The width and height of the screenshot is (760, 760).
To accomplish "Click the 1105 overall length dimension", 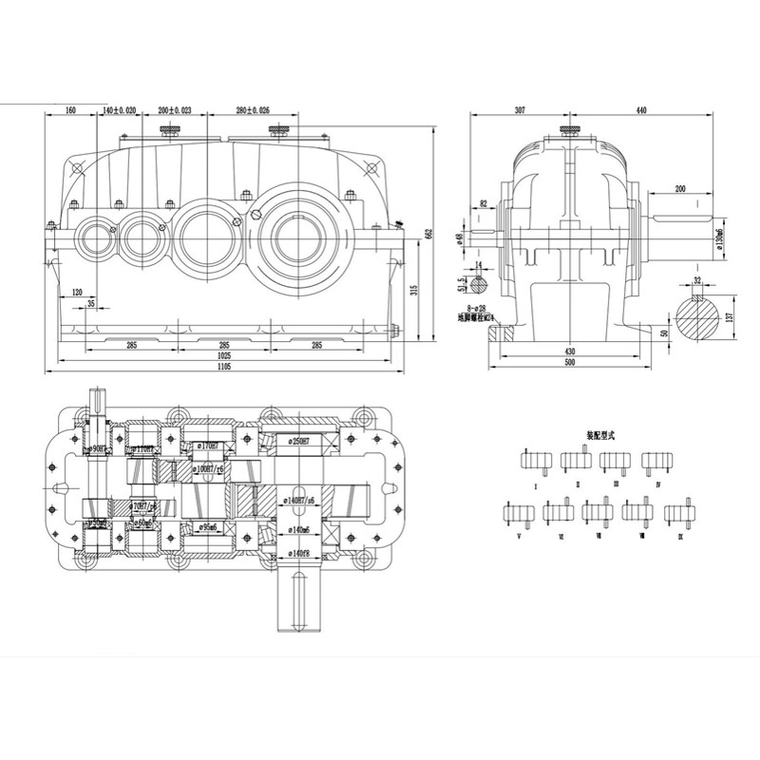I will coord(224,366).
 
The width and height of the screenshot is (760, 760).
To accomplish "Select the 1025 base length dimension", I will coord(224,355).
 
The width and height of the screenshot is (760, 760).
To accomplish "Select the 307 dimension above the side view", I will coord(520,111).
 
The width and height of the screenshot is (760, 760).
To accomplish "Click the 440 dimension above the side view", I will coord(641,111).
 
